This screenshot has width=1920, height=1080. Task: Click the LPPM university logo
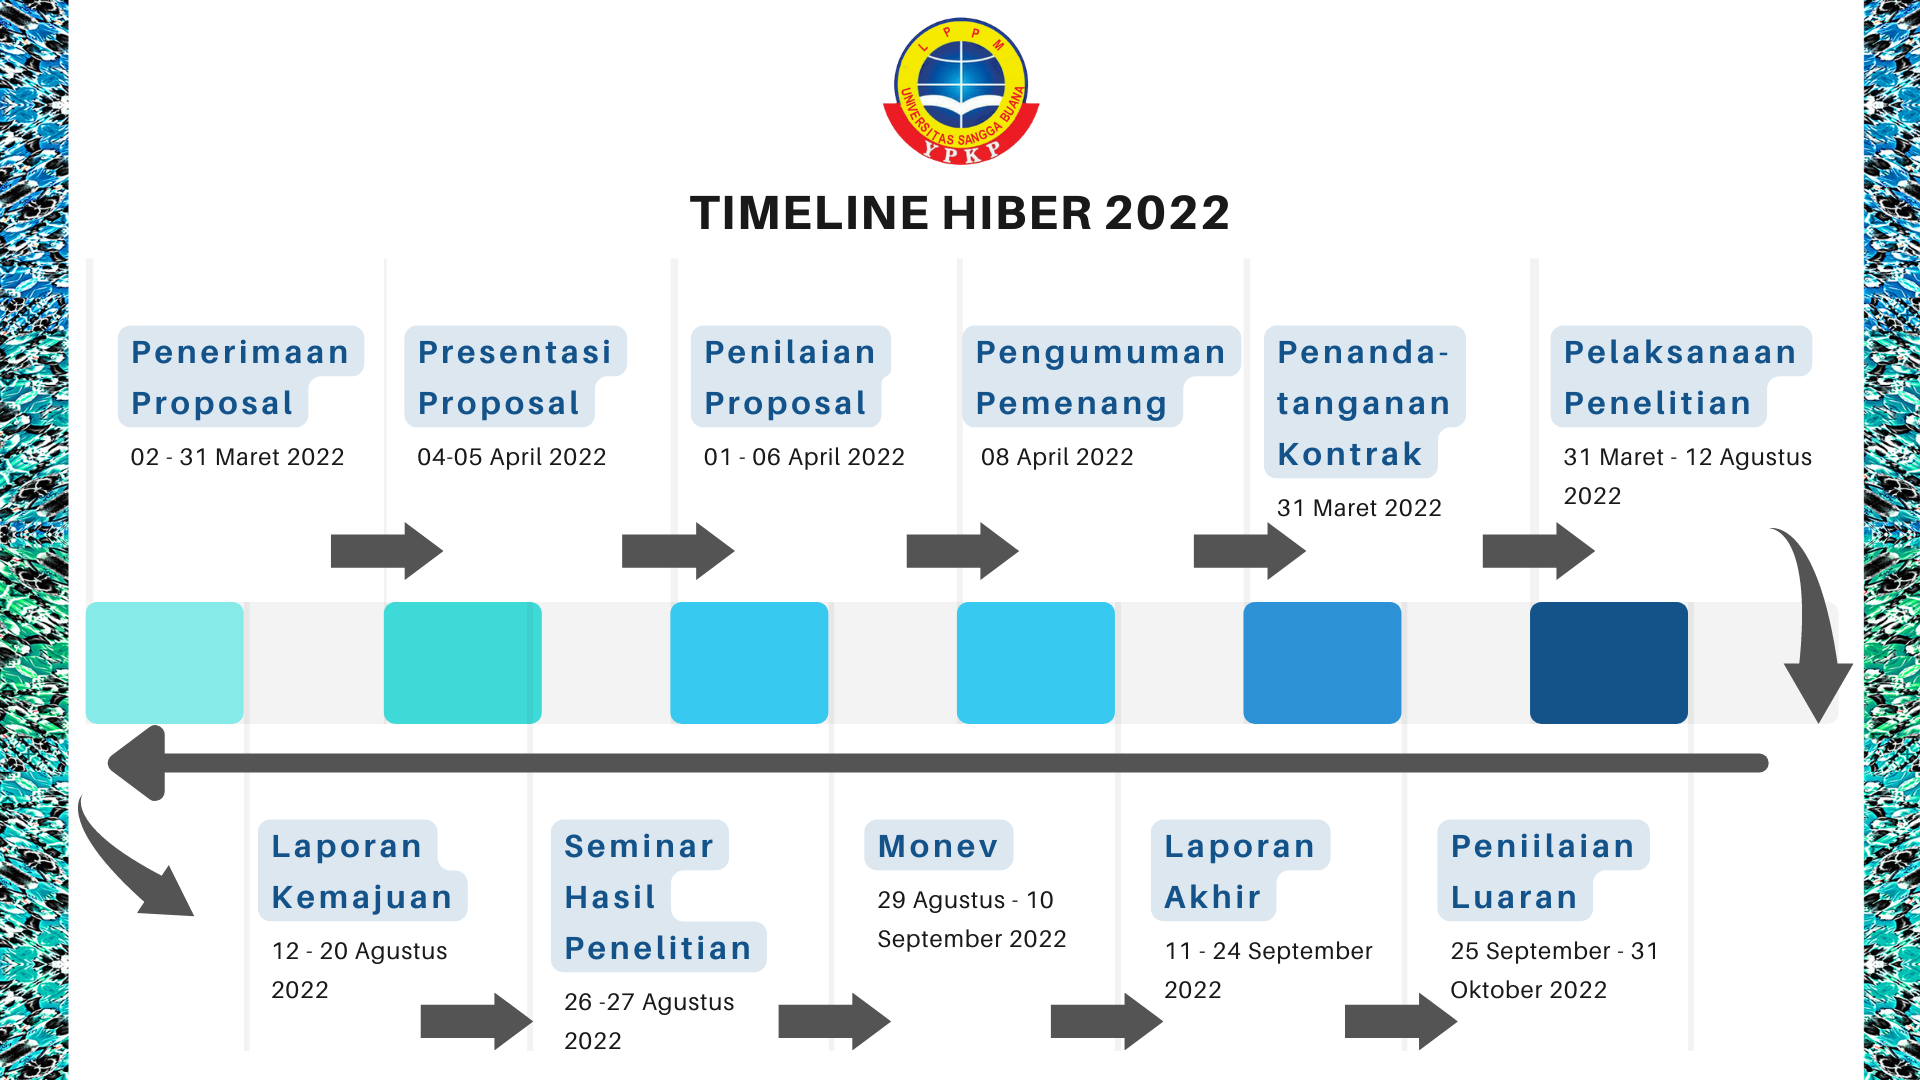tap(961, 91)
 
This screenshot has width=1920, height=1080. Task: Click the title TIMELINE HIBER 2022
tap(960, 213)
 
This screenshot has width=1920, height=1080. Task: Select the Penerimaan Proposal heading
tap(240, 377)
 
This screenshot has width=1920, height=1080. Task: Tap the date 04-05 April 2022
tap(512, 457)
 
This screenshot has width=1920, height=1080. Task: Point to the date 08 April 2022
tap(1057, 457)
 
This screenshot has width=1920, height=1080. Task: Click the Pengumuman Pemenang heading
tap(1100, 377)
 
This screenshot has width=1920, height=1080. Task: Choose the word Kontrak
tap(1349, 454)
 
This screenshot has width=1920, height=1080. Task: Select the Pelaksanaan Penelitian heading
tap(1680, 377)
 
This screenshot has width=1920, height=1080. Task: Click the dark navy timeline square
tap(1609, 662)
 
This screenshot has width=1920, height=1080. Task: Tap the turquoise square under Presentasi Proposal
tap(463, 662)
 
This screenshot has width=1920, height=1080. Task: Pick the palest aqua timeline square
tap(165, 662)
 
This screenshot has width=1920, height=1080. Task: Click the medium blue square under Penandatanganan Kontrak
tap(1322, 662)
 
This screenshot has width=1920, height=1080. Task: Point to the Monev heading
tap(938, 846)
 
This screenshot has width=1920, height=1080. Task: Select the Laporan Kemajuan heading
tap(362, 871)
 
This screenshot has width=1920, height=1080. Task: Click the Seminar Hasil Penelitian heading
tap(658, 897)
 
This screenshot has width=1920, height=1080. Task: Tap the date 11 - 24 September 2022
tap(1268, 970)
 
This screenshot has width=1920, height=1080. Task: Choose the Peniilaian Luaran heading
tap(1543, 871)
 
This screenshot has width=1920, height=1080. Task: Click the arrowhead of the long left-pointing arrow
tap(136, 763)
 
